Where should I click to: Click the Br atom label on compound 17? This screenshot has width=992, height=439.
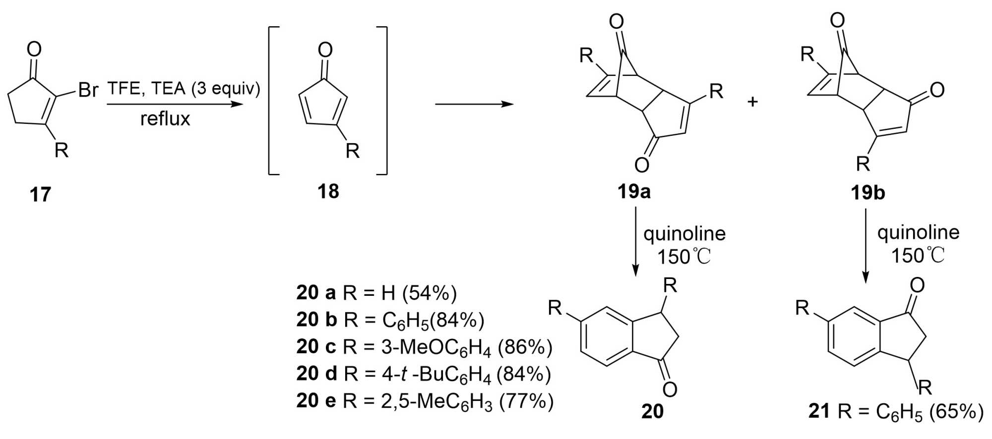(x=88, y=91)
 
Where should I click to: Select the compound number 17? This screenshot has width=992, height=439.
(x=40, y=195)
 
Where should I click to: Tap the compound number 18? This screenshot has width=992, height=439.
(x=328, y=191)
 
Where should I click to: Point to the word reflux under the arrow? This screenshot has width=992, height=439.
(x=165, y=119)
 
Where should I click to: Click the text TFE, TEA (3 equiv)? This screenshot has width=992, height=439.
(x=184, y=89)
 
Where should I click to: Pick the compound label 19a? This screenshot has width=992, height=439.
(x=634, y=191)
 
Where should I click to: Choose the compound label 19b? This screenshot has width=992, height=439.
(x=868, y=192)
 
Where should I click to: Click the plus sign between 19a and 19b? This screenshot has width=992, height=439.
(x=752, y=102)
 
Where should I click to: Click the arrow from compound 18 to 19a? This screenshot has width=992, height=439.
(x=474, y=104)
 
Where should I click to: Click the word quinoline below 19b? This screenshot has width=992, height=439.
(x=918, y=232)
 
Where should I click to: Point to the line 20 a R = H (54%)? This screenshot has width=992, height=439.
(x=376, y=293)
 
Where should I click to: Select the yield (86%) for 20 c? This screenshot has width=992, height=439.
(x=525, y=347)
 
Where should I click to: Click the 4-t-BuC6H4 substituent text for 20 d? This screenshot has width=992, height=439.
(x=436, y=374)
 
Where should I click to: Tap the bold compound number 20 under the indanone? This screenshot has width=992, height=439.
(x=652, y=411)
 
